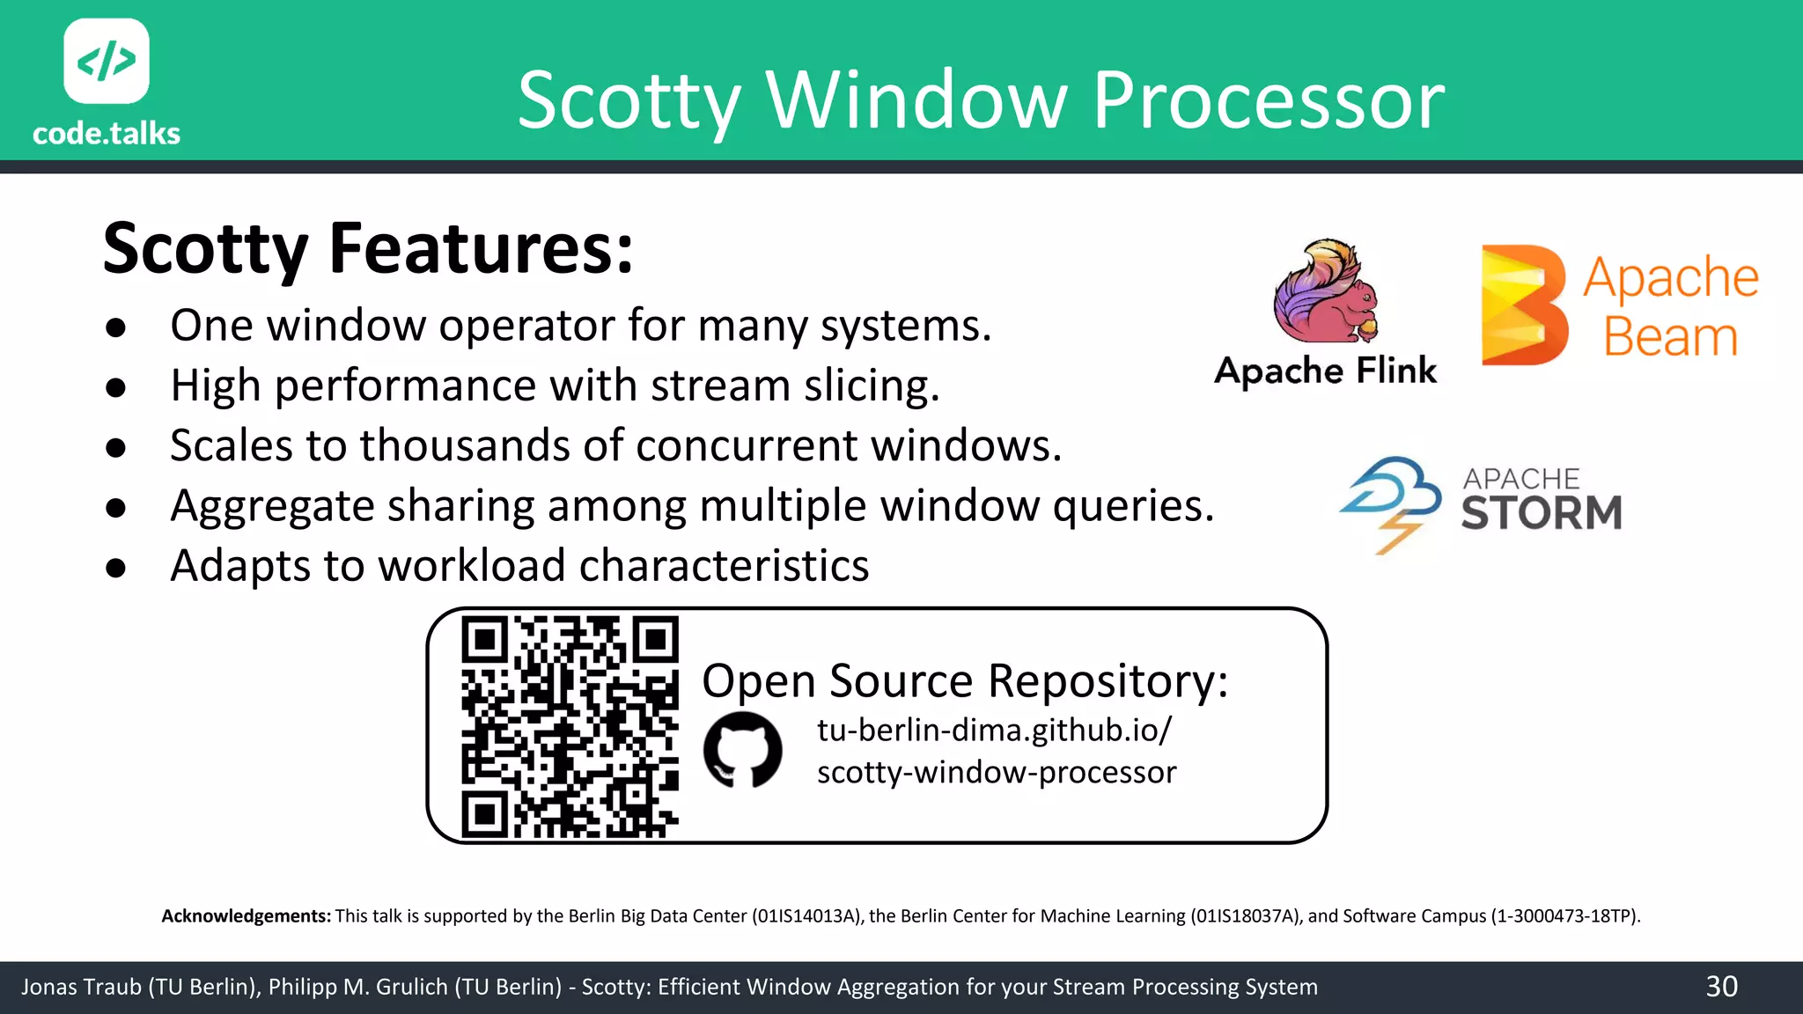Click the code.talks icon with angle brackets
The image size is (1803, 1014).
(x=107, y=61)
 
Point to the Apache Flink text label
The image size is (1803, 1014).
(x=1325, y=371)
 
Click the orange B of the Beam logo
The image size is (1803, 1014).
(x=1524, y=305)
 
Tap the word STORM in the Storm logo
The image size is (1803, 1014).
(x=1542, y=513)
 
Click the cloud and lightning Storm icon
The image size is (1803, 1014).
(x=1391, y=503)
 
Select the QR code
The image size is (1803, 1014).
(x=570, y=726)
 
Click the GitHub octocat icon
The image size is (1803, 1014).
(x=743, y=750)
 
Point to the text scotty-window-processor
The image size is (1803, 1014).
(x=996, y=772)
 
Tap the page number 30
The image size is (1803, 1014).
(x=1721, y=987)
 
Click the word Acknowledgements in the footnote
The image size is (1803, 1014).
(x=246, y=916)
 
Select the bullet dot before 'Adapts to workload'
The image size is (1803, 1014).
(x=115, y=568)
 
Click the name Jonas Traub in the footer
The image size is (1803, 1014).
(x=81, y=987)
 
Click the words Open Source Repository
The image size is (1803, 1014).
(x=964, y=680)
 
